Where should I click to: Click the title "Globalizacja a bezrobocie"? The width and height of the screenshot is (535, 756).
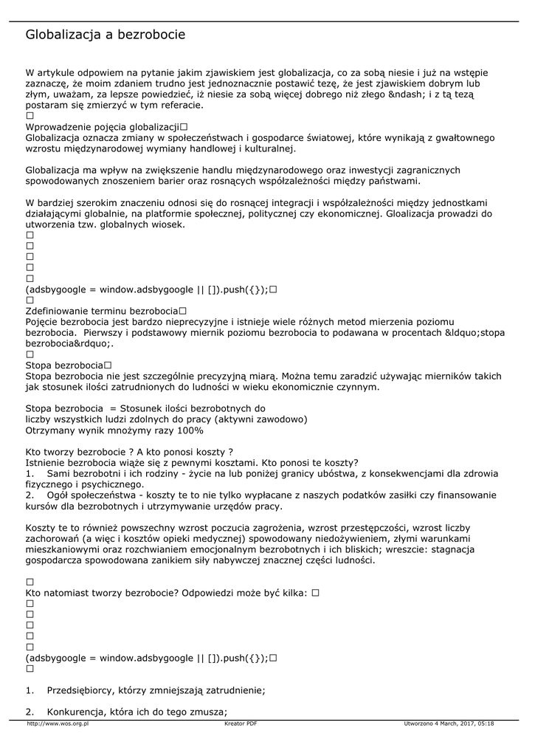(x=106, y=35)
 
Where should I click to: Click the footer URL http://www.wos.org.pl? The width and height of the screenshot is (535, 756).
(x=58, y=724)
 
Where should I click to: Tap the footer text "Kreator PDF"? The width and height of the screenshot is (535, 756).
(x=241, y=724)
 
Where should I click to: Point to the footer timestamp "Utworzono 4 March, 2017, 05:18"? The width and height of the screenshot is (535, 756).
(x=449, y=724)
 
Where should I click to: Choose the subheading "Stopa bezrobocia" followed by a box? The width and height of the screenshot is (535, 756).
(x=63, y=365)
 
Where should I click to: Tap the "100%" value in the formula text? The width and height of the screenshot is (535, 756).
(x=190, y=430)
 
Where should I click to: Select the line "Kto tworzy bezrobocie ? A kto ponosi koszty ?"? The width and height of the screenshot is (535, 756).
(x=129, y=451)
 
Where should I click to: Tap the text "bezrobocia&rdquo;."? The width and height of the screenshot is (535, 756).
(x=70, y=343)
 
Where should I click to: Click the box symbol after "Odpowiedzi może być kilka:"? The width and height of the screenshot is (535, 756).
(x=315, y=593)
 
